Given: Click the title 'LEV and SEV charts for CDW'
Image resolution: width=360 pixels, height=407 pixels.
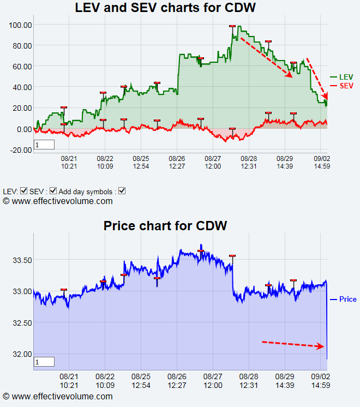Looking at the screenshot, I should click(165, 8).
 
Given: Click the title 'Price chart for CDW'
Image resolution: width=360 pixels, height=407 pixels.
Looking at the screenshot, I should click(165, 225).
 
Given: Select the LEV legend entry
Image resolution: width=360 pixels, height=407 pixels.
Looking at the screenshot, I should click(345, 77).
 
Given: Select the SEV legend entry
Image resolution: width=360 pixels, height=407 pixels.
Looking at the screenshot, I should click(346, 86).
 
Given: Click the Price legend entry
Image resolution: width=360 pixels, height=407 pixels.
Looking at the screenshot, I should click(347, 299).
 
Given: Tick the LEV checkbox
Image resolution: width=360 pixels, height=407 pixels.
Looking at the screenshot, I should click(23, 191).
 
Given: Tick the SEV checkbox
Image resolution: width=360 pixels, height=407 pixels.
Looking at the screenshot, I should click(53, 191).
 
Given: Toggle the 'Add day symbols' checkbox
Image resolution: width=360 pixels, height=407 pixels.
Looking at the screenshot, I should click(122, 191).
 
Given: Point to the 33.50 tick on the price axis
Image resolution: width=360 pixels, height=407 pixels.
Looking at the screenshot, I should click(21, 260).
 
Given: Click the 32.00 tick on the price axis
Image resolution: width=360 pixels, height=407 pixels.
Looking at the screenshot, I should click(21, 354).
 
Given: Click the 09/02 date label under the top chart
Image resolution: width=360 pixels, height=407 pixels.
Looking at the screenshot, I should click(320, 162).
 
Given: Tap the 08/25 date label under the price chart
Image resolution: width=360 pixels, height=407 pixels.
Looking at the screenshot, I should click(141, 380).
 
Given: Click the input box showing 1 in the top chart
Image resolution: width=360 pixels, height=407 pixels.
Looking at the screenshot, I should click(44, 145).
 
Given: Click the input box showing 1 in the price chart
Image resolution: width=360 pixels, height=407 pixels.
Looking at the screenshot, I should click(44, 362).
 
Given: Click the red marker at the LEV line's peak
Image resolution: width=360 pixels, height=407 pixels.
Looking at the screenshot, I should click(232, 26).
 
